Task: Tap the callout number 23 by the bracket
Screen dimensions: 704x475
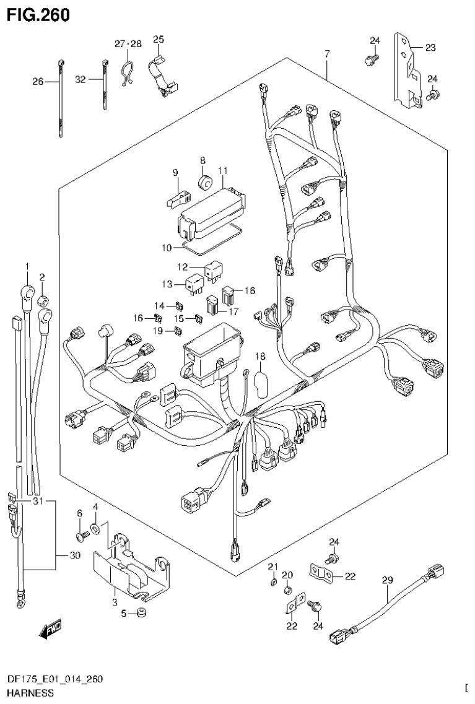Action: [x=430, y=47]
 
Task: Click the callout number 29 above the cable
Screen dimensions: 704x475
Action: [x=387, y=580]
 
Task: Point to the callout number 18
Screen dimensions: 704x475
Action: [x=259, y=356]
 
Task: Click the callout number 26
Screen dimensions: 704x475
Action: [x=38, y=81]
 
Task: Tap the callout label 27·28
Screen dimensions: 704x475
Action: [x=128, y=43]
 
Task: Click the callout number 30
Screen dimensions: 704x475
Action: [x=75, y=555]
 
